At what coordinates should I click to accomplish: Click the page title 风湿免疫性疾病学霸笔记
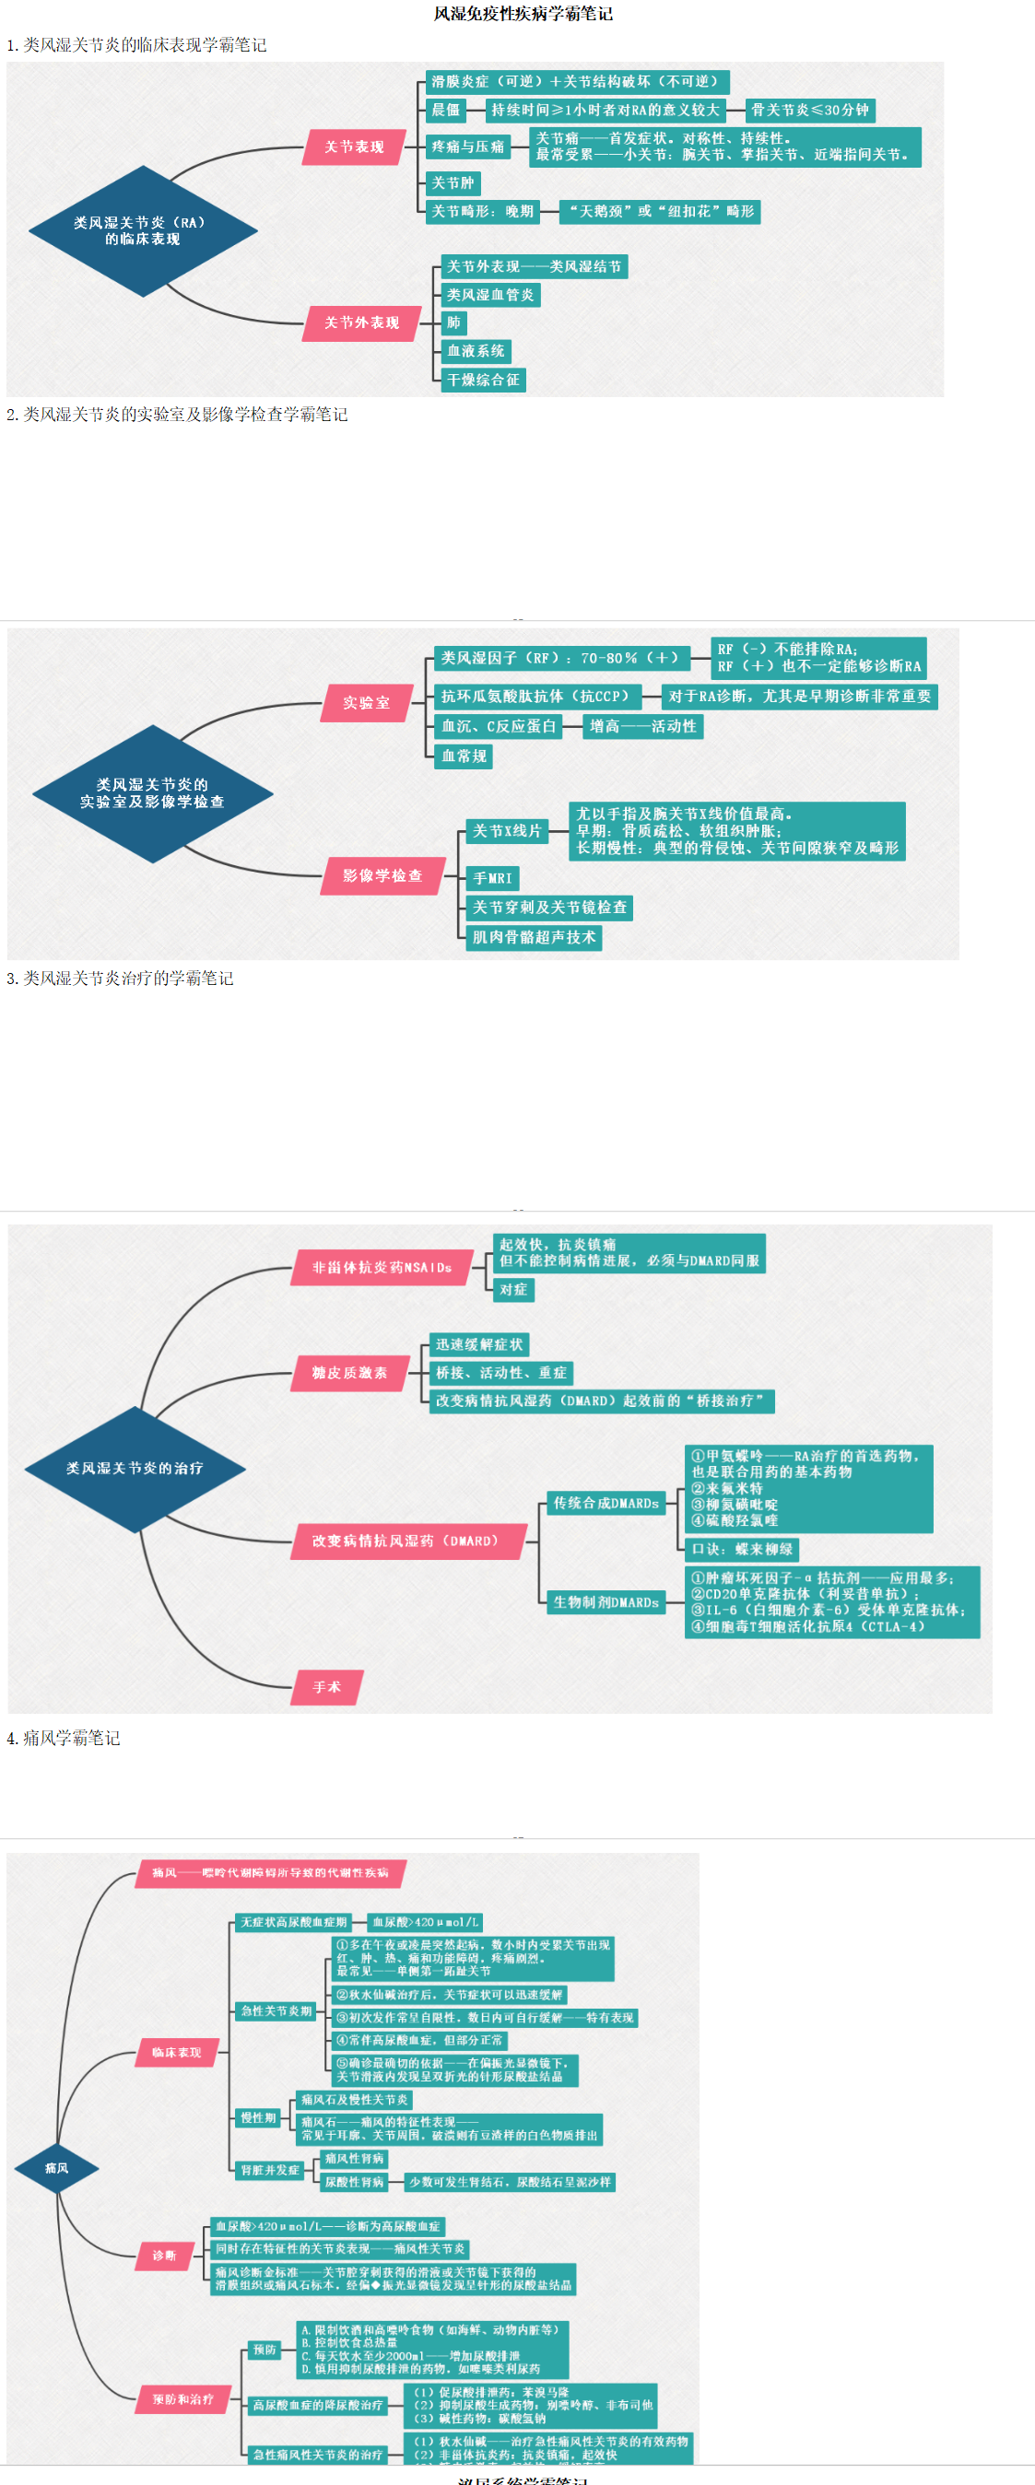[523, 14]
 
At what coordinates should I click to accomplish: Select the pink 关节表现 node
[354, 147]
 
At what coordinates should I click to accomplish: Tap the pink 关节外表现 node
[360, 322]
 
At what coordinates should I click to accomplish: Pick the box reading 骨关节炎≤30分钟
[810, 110]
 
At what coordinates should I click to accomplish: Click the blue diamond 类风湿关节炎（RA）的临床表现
[143, 230]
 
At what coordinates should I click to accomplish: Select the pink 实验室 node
[367, 702]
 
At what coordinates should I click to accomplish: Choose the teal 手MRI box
[492, 878]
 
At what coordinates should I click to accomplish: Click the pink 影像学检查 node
[382, 875]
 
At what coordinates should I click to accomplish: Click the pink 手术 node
[326, 1686]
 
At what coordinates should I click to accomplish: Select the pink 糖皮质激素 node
[349, 1373]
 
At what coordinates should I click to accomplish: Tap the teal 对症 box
[513, 1289]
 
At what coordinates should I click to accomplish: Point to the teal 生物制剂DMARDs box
[606, 1601]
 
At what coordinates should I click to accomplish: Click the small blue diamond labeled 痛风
[57, 2168]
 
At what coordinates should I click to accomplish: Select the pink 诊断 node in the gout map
[164, 2256]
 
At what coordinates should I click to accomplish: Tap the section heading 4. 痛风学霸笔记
[64, 1738]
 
